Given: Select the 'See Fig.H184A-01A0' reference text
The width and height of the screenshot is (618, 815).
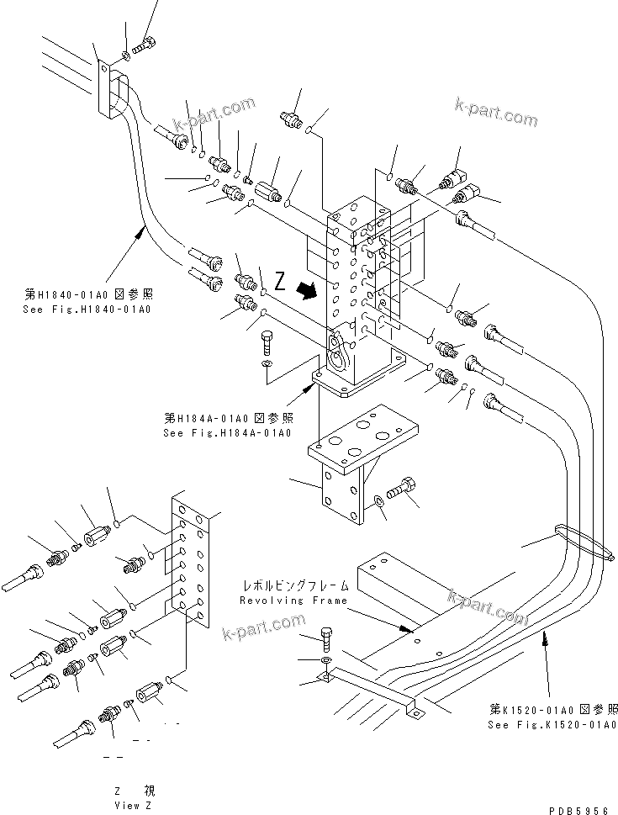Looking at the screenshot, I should coord(228,432).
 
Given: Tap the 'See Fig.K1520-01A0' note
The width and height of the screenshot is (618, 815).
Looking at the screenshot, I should coord(553,724).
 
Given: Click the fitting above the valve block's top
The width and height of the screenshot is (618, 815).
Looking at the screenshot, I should coord(294,118).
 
